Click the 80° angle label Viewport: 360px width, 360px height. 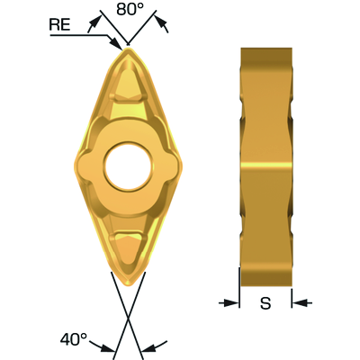pos(130,9)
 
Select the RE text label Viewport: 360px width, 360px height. pos(59,24)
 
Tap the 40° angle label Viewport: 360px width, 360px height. pos(74,339)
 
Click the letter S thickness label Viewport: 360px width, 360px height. pos(265,303)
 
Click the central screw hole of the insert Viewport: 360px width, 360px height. pos(129,166)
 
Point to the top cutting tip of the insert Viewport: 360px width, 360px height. pos(128,48)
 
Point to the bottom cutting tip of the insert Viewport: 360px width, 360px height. pos(129,283)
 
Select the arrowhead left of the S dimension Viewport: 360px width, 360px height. pos(232,303)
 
